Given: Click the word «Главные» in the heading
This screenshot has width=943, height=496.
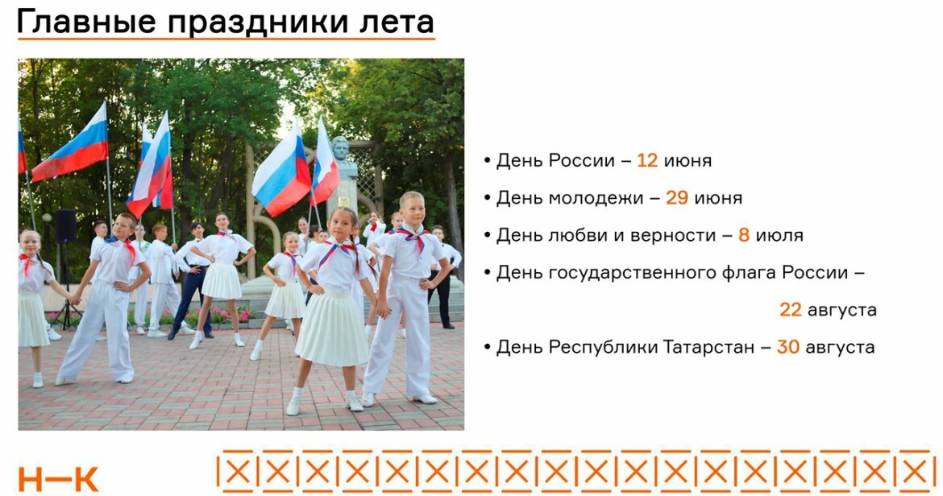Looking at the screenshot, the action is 86,22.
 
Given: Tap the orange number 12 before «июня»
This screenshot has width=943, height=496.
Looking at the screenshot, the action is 647,161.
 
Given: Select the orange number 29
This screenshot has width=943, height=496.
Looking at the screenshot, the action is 676,198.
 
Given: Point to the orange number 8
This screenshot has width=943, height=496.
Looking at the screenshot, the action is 744,235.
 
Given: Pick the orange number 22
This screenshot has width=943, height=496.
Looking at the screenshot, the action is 790,310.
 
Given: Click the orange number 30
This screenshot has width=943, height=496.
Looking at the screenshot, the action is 787,347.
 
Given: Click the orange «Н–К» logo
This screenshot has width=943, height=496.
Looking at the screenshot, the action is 58,478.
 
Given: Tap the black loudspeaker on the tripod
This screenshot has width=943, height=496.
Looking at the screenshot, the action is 65,225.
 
